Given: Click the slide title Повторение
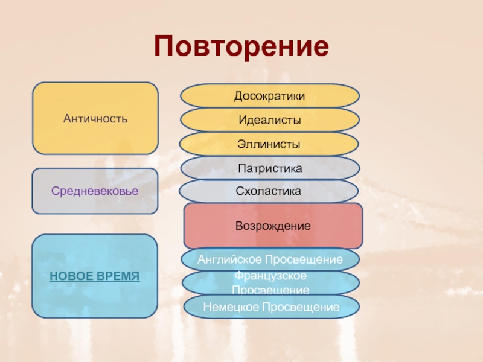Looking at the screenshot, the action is [241, 46].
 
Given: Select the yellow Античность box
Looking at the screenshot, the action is [95, 118].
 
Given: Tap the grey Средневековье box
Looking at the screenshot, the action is [95, 191].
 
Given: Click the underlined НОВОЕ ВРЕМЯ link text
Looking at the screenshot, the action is [95, 276].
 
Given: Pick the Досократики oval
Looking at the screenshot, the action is [270, 96].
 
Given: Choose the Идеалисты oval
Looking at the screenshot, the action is [270, 121].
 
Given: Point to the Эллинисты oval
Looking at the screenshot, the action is [270, 144].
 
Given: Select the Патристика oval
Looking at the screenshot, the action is [270, 168].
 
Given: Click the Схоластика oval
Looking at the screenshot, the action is [269, 191].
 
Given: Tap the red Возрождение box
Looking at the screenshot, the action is [273, 226].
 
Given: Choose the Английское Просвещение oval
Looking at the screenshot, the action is [270, 259].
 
